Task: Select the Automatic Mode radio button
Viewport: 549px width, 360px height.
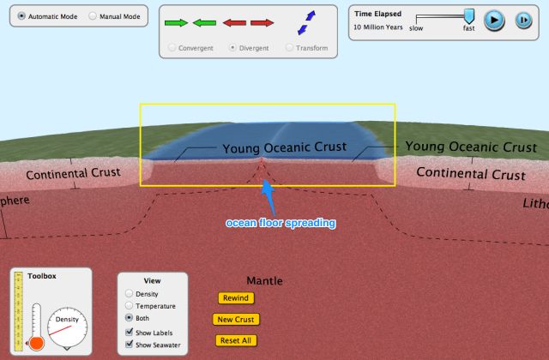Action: coord(21,16)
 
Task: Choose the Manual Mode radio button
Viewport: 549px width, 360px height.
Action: coord(93,16)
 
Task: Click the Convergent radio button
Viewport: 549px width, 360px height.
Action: coord(172,48)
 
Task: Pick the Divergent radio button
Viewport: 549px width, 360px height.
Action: coord(232,48)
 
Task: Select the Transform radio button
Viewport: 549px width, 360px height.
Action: coord(289,48)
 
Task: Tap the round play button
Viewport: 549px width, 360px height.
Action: coord(494,21)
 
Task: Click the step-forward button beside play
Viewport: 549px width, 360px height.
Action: coord(522,21)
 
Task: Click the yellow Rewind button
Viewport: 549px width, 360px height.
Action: coord(234,298)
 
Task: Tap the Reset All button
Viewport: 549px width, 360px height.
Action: coord(237,340)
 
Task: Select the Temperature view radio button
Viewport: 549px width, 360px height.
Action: coord(130,306)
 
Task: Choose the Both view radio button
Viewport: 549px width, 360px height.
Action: coord(130,318)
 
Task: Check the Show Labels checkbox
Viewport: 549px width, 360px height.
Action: coord(130,333)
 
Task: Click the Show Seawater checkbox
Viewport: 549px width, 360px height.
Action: coord(130,345)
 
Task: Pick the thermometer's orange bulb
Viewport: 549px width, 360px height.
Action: coord(37,343)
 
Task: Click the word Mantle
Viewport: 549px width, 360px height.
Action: coord(264,280)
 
